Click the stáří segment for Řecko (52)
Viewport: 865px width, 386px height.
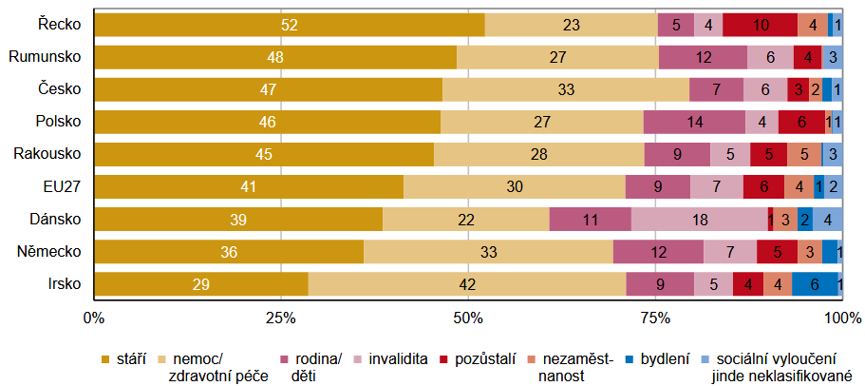tap(290, 25)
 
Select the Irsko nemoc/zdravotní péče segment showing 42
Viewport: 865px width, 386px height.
tap(466, 284)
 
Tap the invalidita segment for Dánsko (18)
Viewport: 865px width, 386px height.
tap(699, 220)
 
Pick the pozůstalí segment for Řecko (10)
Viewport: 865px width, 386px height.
tap(760, 25)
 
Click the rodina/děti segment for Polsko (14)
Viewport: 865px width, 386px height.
tap(694, 123)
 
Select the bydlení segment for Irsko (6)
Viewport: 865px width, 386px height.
tap(815, 284)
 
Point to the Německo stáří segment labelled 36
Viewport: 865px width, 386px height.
tap(229, 252)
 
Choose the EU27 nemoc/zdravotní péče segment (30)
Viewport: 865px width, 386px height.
tap(514, 187)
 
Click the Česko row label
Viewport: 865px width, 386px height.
tap(60, 89)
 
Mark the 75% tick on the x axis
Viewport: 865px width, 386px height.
tap(654, 317)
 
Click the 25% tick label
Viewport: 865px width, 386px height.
tap(279, 317)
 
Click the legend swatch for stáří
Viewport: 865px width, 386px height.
tap(106, 358)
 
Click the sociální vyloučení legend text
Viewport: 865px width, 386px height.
tap(776, 358)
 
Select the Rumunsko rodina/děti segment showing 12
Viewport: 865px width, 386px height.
tap(703, 57)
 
